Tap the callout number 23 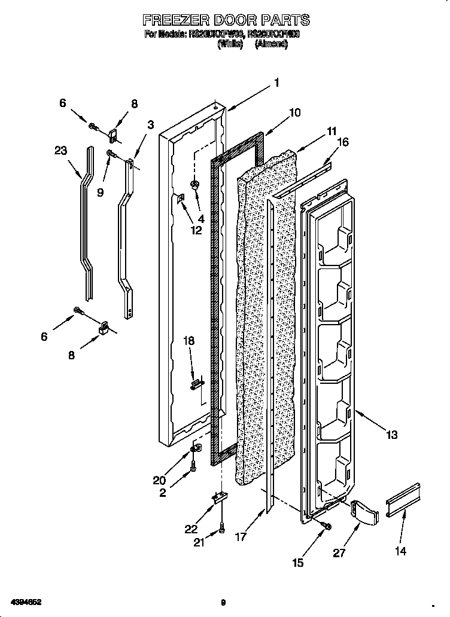click(x=60, y=151)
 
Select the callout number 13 click(x=391, y=435)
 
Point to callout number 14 click(x=400, y=551)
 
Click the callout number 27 click(x=339, y=553)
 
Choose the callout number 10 click(x=294, y=112)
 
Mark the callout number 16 click(x=343, y=142)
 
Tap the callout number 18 click(x=189, y=341)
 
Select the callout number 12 click(x=196, y=230)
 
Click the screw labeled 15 click(x=326, y=525)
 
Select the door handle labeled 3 click(x=127, y=239)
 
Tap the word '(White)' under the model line click(x=230, y=44)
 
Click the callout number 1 click(x=276, y=83)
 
